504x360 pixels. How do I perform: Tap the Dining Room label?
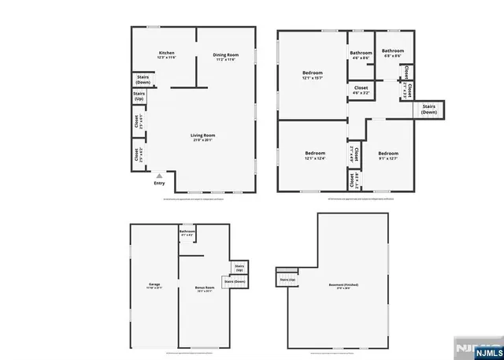[225, 56]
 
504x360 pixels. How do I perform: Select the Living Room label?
[202, 137]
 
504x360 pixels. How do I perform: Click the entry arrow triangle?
[159, 176]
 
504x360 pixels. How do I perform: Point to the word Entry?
[159, 184]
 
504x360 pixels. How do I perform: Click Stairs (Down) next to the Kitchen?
[143, 80]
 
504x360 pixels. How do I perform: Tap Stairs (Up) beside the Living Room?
[139, 96]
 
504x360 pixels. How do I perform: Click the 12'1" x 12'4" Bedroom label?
[315, 154]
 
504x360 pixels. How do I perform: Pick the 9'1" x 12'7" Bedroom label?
[387, 155]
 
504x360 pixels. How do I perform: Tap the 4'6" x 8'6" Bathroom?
[361, 55]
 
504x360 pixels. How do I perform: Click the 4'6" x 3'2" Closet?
[361, 90]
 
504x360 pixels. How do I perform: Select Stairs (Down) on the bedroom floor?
[429, 109]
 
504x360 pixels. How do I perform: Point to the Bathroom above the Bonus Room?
[187, 233]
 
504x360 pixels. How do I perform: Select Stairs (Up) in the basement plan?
[287, 279]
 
